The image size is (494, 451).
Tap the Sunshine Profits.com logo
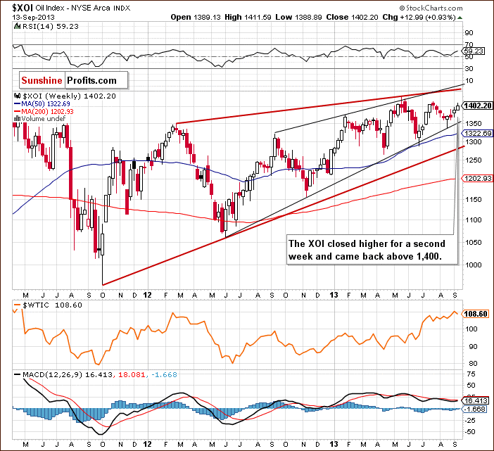[68, 81]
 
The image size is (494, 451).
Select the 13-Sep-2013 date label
[26, 16]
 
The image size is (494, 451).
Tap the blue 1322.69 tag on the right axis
[476, 133]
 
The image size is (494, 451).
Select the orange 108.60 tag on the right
[474, 314]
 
